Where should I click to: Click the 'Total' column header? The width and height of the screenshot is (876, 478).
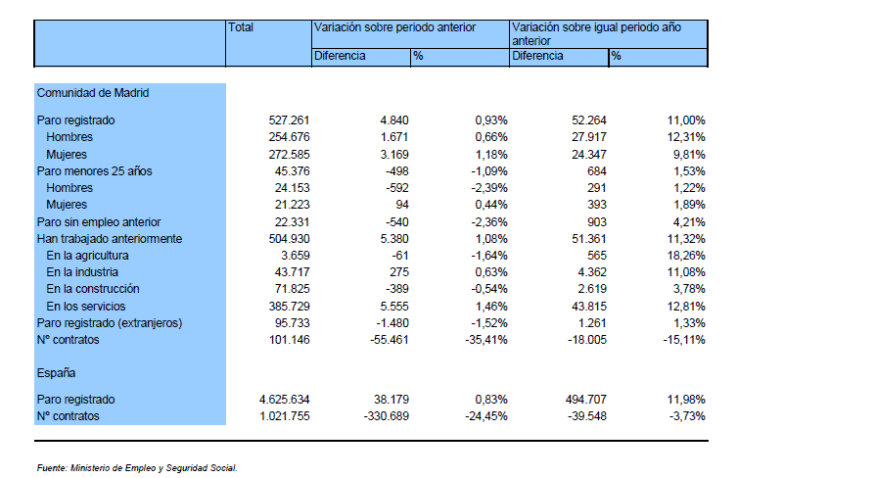click(x=240, y=27)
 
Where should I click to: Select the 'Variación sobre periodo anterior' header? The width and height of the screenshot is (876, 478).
click(x=394, y=27)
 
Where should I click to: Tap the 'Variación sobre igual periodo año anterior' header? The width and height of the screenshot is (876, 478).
click(x=596, y=33)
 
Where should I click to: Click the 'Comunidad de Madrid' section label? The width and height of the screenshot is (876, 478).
click(x=93, y=93)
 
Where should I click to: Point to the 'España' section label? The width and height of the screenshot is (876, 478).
click(x=56, y=373)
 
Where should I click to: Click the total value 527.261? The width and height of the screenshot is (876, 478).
click(x=289, y=120)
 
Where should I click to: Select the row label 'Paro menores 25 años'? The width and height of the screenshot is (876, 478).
click(x=94, y=171)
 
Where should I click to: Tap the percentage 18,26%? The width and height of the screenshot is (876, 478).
click(x=686, y=256)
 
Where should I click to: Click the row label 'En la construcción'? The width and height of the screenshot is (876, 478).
click(x=93, y=289)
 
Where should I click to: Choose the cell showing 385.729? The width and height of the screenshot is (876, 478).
click(x=289, y=307)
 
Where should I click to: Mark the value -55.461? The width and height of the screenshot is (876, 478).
click(x=390, y=340)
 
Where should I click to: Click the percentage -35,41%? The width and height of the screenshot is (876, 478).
click(x=486, y=340)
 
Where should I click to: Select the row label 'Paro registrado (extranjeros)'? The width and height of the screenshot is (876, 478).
click(x=110, y=323)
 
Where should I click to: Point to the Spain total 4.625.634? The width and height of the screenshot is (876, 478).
click(x=285, y=400)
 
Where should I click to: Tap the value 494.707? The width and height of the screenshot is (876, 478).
click(x=586, y=400)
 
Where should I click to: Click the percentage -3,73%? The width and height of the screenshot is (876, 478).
click(x=687, y=416)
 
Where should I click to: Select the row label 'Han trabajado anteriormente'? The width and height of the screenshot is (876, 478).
click(x=110, y=239)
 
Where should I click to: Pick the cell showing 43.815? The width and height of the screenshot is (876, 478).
click(x=589, y=307)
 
